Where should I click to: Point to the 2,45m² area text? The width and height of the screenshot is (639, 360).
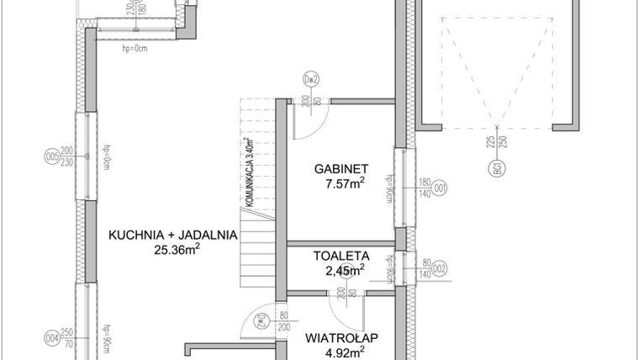pyautogui.click(x=345, y=270)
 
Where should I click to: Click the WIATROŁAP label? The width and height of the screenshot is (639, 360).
pyautogui.click(x=341, y=338)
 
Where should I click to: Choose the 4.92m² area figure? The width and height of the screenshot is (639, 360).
pyautogui.click(x=345, y=352)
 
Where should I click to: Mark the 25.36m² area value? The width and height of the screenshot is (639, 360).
pyautogui.click(x=177, y=249)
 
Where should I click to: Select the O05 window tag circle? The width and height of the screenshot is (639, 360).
pyautogui.click(x=51, y=156)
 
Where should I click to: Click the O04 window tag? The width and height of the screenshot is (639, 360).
pyautogui.click(x=51, y=340)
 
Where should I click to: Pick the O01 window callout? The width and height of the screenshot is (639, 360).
pyautogui.click(x=439, y=188)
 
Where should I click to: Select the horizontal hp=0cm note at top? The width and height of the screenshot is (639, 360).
pyautogui.click(x=135, y=47)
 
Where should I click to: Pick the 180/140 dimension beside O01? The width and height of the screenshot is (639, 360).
pyautogui.click(x=425, y=188)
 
